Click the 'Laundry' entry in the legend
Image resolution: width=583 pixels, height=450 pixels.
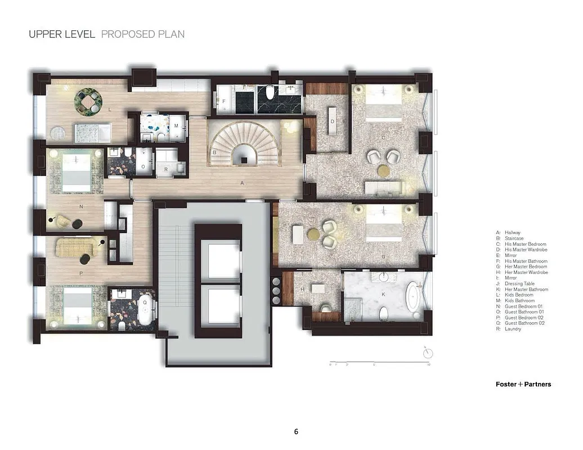[513, 329]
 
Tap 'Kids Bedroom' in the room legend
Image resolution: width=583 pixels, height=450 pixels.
[517, 295]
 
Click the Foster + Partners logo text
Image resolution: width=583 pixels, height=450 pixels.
[523, 384]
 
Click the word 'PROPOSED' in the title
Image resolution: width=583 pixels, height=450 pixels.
[122, 34]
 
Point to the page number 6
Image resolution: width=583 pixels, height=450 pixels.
[296, 432]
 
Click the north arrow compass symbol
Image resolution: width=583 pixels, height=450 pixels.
[428, 353]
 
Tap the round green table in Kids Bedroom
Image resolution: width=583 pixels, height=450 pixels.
[87, 101]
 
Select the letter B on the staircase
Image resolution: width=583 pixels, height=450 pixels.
[214, 152]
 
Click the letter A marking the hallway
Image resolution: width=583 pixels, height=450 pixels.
[242, 183]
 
